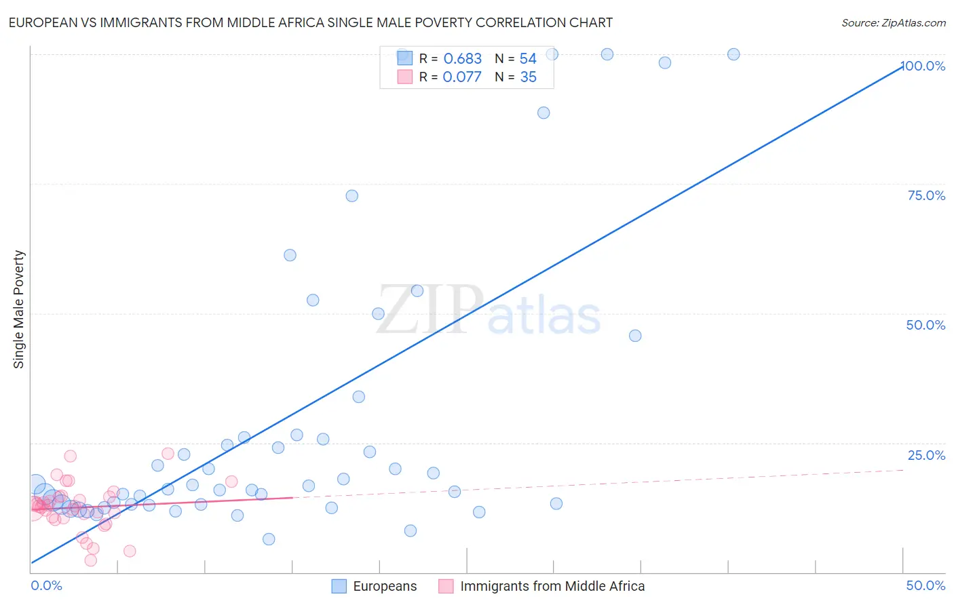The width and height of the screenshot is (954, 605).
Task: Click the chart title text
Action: [310, 22]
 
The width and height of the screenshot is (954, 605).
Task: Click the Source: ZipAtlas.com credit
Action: [893, 22]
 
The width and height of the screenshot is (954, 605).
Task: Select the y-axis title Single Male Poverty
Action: [19, 309]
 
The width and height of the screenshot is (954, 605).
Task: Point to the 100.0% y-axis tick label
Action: [924, 66]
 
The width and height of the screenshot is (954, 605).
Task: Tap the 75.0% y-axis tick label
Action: [926, 195]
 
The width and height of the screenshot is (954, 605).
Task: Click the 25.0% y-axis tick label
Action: [926, 455]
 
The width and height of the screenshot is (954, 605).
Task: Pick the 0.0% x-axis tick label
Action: [46, 585]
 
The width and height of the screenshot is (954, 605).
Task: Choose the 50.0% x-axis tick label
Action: [926, 585]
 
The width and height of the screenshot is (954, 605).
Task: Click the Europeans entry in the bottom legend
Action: [385, 586]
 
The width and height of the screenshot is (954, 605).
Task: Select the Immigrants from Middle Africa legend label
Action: [552, 586]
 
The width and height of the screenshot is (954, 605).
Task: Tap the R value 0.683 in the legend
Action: [462, 59]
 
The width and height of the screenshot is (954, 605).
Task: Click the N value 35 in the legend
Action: [528, 77]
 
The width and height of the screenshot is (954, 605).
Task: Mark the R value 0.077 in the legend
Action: [462, 77]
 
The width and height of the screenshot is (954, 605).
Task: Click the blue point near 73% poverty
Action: [351, 196]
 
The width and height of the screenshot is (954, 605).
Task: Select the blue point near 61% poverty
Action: [290, 255]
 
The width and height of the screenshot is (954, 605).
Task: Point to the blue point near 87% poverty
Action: [543, 113]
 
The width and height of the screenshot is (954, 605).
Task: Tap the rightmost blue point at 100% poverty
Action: [733, 54]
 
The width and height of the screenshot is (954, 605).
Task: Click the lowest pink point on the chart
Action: [90, 560]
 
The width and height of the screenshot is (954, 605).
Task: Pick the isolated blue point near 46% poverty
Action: [635, 336]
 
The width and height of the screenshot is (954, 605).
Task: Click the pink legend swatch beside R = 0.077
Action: [405, 77]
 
